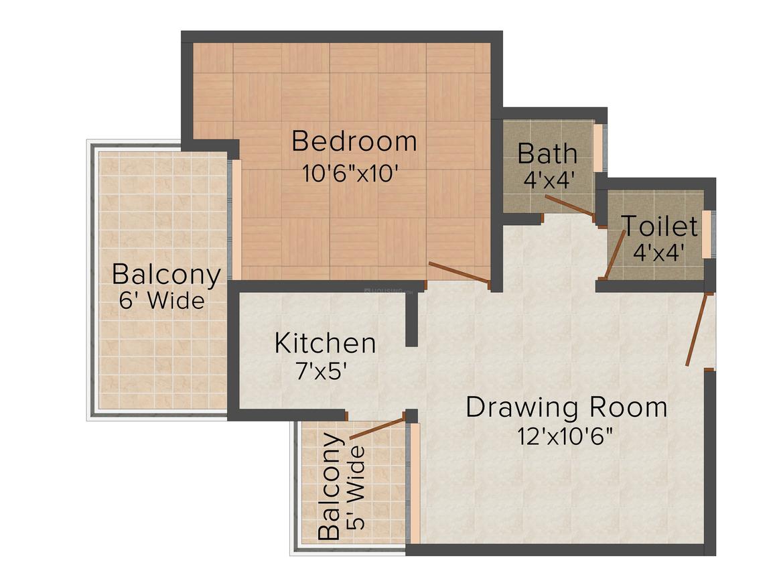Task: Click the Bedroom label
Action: [x=354, y=141]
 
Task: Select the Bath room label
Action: [x=547, y=153]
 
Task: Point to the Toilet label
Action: [x=659, y=226]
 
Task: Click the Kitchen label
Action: [x=325, y=343]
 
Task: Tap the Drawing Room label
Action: [x=567, y=407]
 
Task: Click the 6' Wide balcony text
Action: [x=162, y=301]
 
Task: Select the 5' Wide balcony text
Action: [x=358, y=489]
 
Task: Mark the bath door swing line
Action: [x=569, y=206]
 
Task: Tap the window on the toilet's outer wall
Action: [x=707, y=234]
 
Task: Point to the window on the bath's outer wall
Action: [x=598, y=147]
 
